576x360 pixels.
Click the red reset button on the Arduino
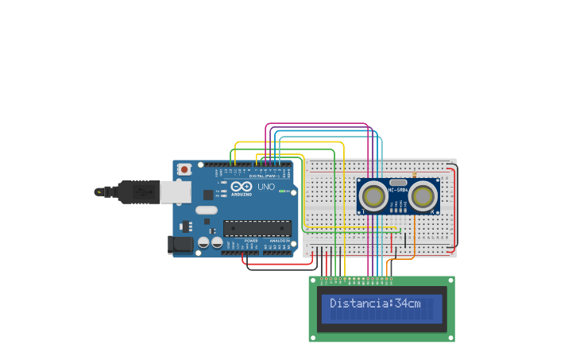[184, 169]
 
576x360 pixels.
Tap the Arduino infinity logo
[242, 186]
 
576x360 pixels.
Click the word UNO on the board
[266, 188]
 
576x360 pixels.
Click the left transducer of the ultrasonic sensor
[372, 195]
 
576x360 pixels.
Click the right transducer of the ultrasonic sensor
[424, 195]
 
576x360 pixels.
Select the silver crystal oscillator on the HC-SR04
[398, 184]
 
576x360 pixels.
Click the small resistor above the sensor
[414, 173]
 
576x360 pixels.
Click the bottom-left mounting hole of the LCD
[312, 338]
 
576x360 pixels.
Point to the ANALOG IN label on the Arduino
[279, 240]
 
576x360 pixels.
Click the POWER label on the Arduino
[251, 240]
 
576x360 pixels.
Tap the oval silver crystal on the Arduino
[206, 211]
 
